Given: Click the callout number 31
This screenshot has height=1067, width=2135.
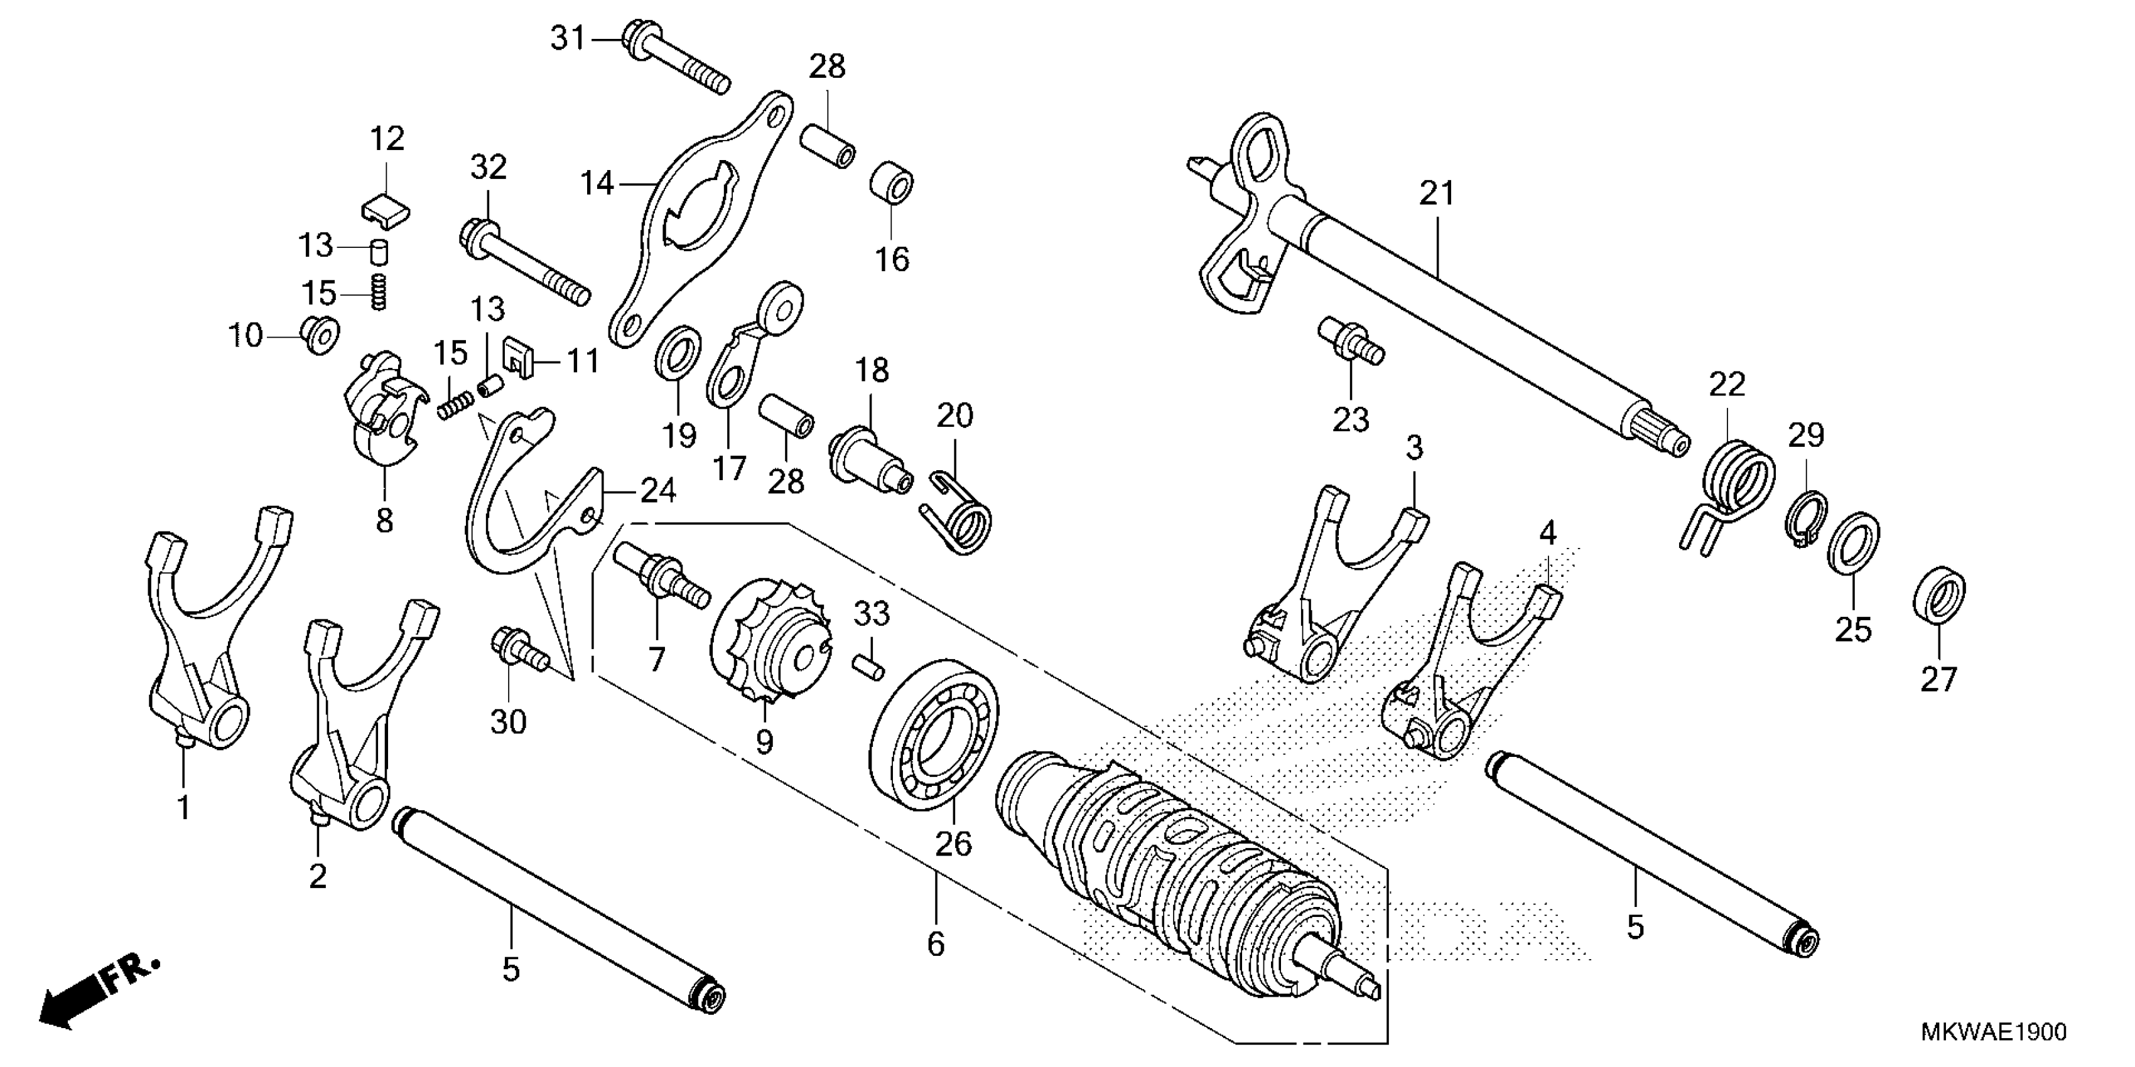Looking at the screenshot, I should tap(568, 38).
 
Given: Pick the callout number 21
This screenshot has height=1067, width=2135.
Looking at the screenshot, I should tap(1436, 194).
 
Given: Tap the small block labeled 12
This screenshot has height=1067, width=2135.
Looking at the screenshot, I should tap(386, 207).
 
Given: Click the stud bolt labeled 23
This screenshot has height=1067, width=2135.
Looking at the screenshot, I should tap(1350, 340).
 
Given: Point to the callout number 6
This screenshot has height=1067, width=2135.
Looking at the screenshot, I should tap(936, 943).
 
